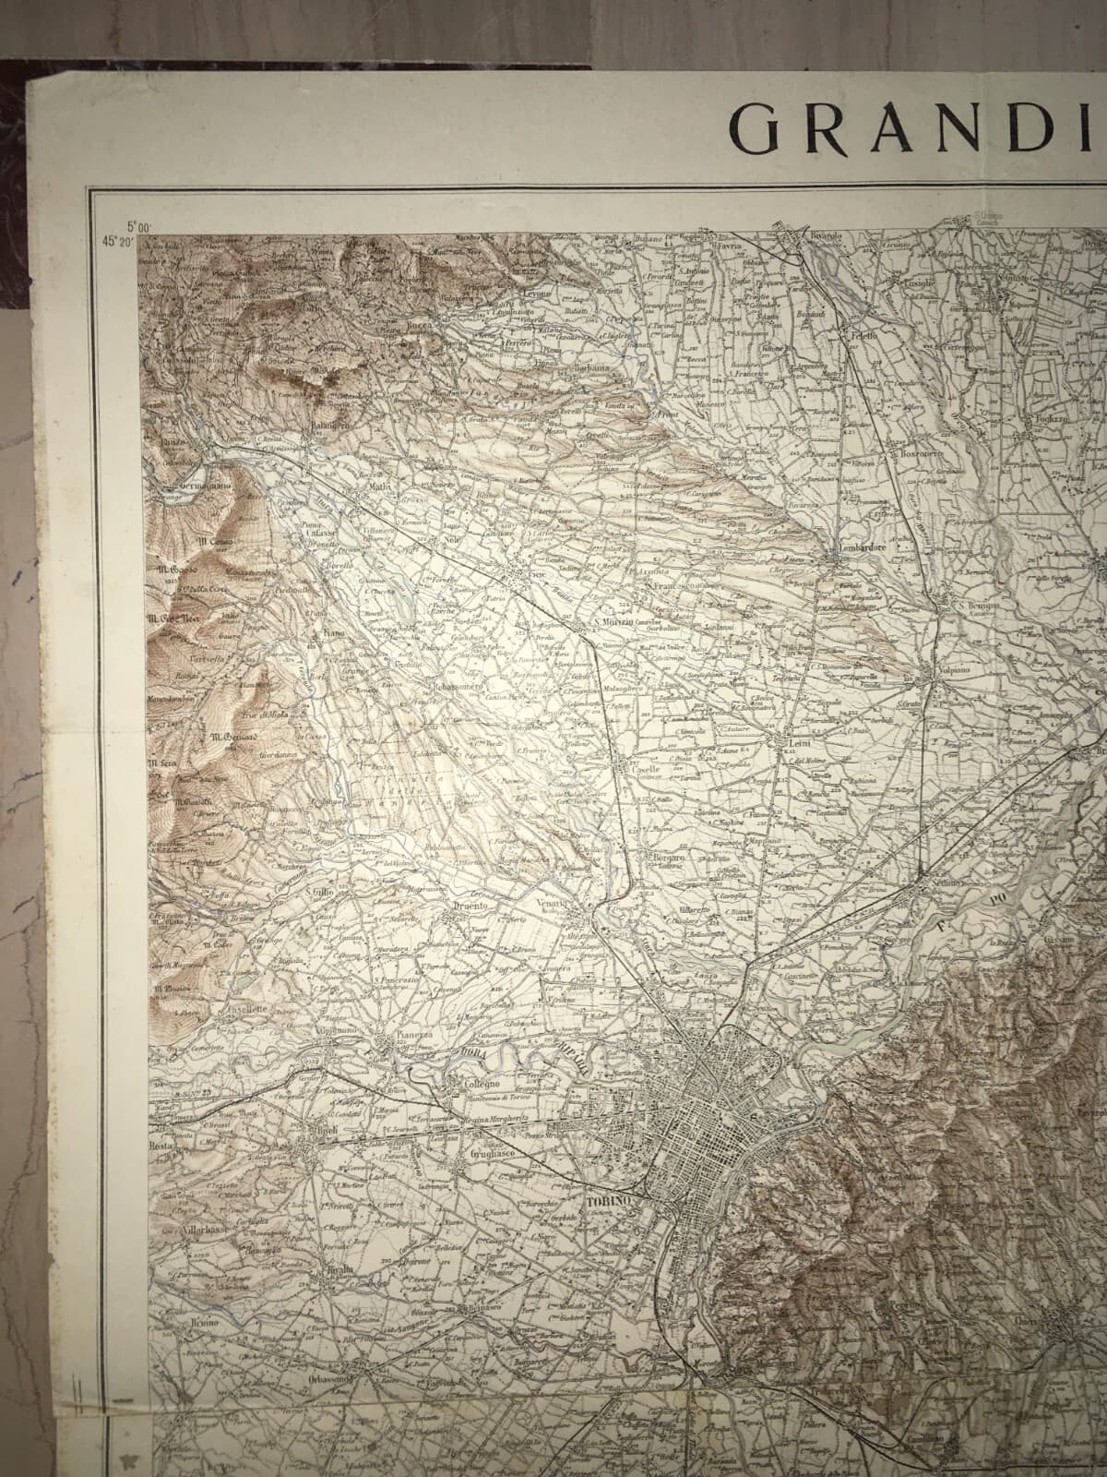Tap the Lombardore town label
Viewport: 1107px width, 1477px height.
(x=863, y=546)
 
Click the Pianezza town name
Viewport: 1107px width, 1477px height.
(x=409, y=1036)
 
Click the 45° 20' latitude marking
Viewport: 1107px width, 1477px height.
(x=120, y=243)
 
